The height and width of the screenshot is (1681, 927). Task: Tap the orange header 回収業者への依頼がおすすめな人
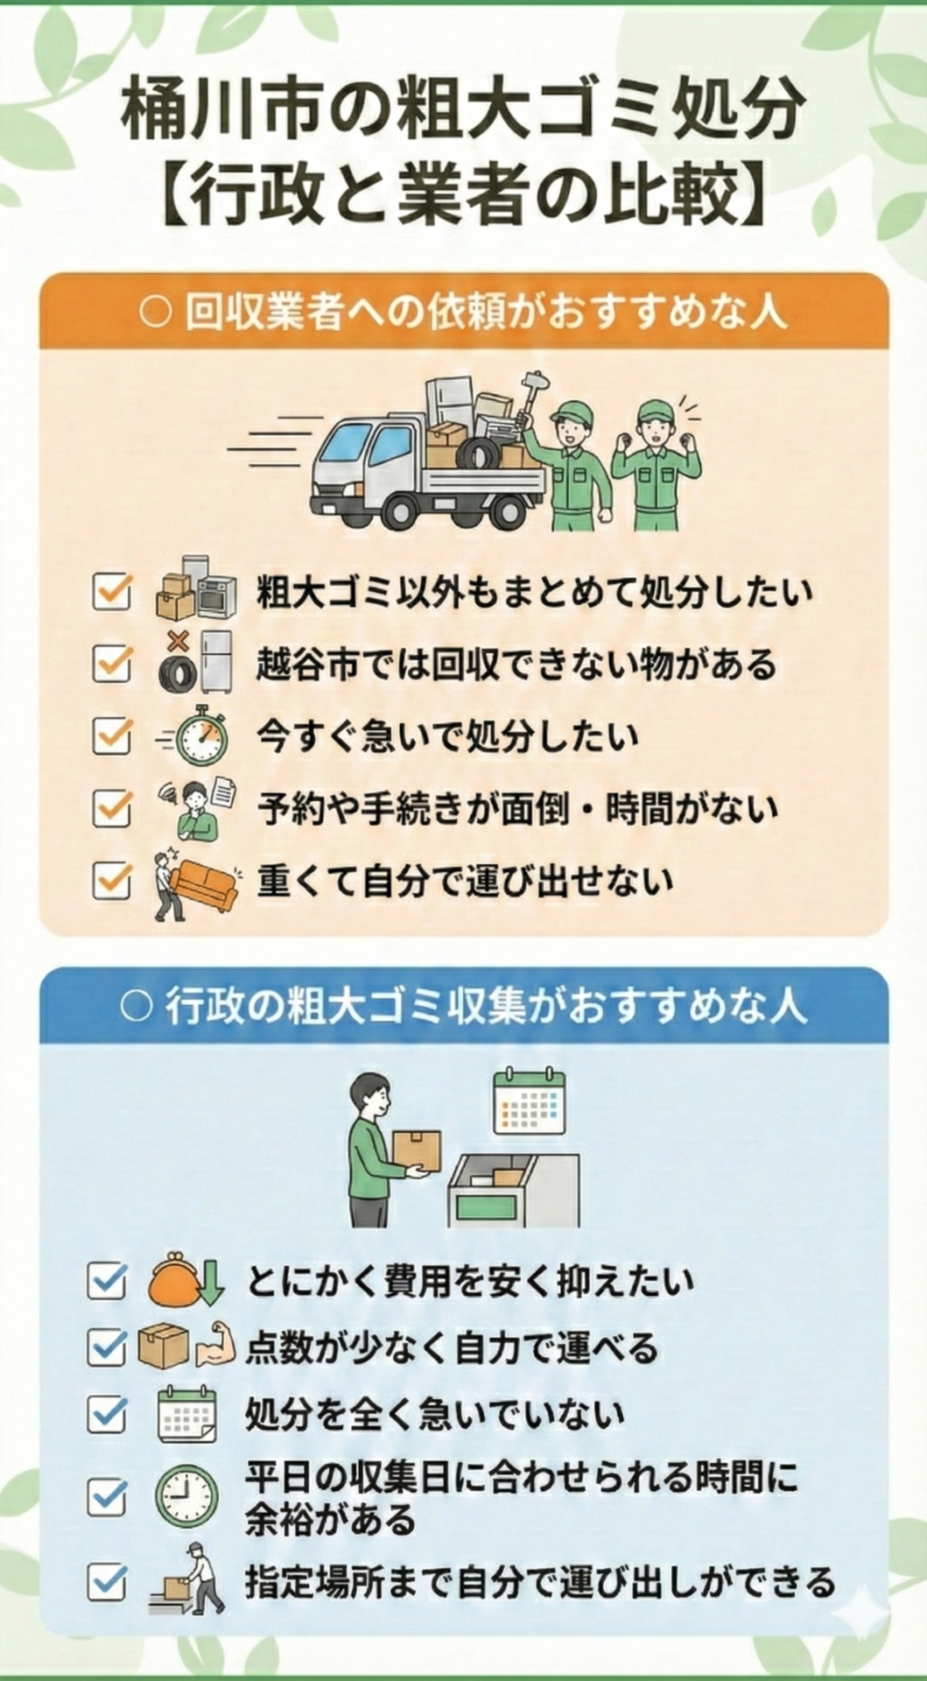[x=463, y=313]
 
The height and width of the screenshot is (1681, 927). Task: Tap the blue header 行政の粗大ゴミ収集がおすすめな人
[x=463, y=1007]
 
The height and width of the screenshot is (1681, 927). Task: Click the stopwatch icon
[x=201, y=735]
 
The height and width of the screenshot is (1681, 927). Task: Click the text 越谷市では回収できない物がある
[x=516, y=665]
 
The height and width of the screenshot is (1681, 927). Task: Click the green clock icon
[x=186, y=1496]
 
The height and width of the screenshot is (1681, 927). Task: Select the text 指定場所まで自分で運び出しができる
[x=539, y=1582]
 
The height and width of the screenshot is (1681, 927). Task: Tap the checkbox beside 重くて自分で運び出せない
[x=111, y=880]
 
